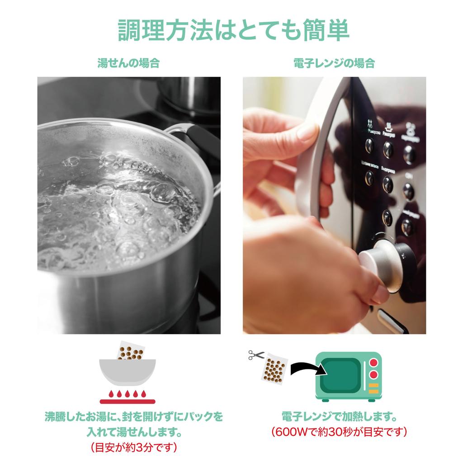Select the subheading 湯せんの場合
(x=128, y=63)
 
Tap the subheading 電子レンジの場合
(x=334, y=63)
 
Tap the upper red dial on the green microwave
(x=373, y=362)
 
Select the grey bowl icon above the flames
(x=128, y=371)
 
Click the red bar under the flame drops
(x=128, y=401)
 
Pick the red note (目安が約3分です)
(x=133, y=448)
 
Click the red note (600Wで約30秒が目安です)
(x=339, y=432)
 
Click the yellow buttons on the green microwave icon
(x=373, y=388)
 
